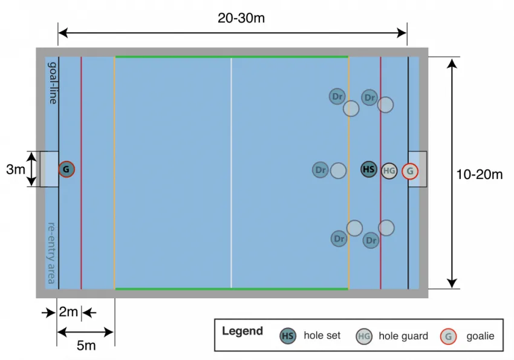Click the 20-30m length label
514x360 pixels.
pos(241,18)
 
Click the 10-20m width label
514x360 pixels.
pos(480,175)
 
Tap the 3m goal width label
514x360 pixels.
pos(16,170)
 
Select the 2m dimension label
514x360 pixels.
pos(68,312)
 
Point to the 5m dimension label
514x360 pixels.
pos(86,345)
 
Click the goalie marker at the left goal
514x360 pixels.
pos(67,169)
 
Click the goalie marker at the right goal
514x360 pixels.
pos(410,171)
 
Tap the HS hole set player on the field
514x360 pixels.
pos(369,169)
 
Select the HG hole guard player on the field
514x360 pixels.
pos(389,171)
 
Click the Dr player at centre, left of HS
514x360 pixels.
pos(320,170)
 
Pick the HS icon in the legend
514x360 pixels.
pos(288,336)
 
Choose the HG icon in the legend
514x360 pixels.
pos(364,336)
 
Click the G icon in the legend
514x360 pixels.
pos(448,336)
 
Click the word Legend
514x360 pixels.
pos(242,331)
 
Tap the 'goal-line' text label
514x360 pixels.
pos(53,82)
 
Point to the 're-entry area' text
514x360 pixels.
pos(52,254)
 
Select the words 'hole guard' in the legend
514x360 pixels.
pos(403,336)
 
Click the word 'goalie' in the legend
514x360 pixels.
pos(480,336)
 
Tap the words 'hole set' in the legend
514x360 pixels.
pos(322,336)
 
